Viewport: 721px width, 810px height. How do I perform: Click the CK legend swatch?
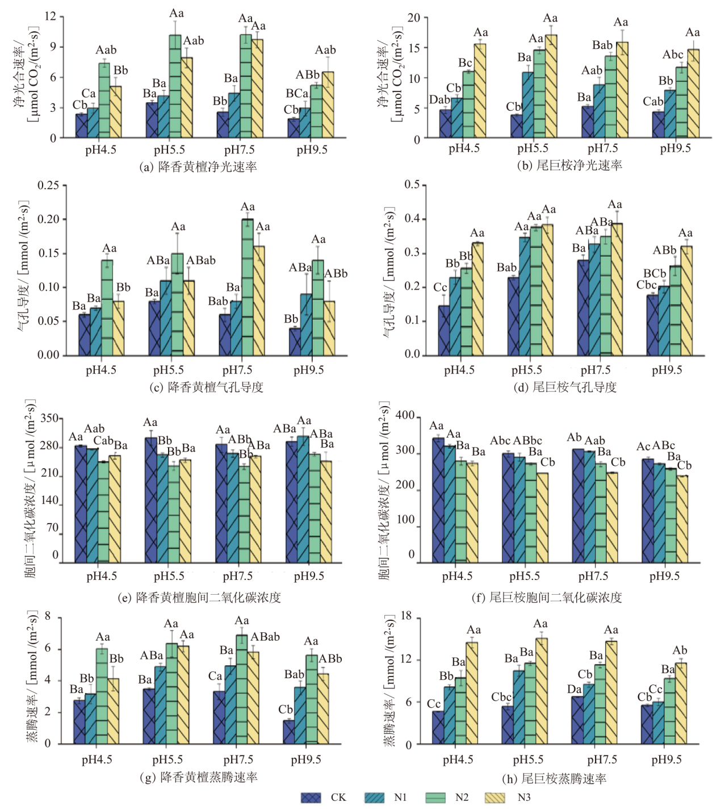[x=311, y=798]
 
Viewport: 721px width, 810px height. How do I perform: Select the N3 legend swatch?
[x=494, y=798]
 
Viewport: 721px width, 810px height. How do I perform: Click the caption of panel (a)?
[x=198, y=166]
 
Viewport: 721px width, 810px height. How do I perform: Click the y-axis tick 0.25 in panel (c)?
[x=48, y=186]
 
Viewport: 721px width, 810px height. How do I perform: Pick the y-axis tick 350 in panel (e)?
[x=49, y=419]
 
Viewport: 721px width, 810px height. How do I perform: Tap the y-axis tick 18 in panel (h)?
[x=406, y=617]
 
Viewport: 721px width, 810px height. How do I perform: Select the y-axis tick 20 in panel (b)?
[x=414, y=18]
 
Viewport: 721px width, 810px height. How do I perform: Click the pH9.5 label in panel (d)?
[x=666, y=370]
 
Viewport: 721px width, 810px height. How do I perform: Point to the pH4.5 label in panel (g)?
[x=97, y=760]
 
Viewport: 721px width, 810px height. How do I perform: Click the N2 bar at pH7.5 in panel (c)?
[x=248, y=287]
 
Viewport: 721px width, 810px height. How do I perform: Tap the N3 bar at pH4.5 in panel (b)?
[x=480, y=91]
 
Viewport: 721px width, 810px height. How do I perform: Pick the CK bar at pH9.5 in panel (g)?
[x=289, y=732]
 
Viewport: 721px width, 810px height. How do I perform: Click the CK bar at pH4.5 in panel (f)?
[x=438, y=500]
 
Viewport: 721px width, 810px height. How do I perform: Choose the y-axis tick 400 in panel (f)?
[x=405, y=416]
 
